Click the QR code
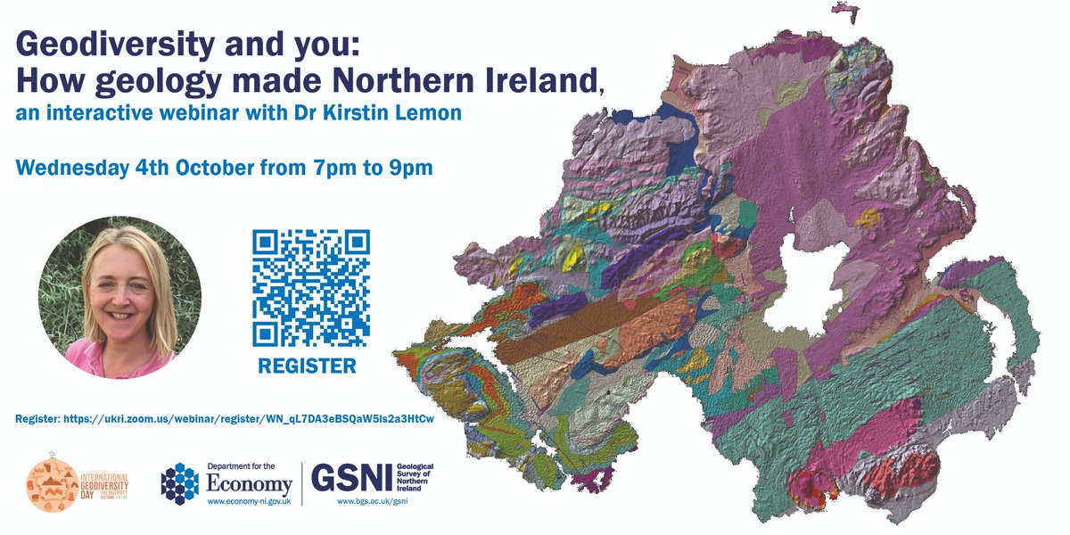(x=310, y=287)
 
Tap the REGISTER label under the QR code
(x=307, y=366)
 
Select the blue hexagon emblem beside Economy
(x=180, y=483)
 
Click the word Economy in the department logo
(x=250, y=484)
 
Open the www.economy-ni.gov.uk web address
(x=250, y=501)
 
